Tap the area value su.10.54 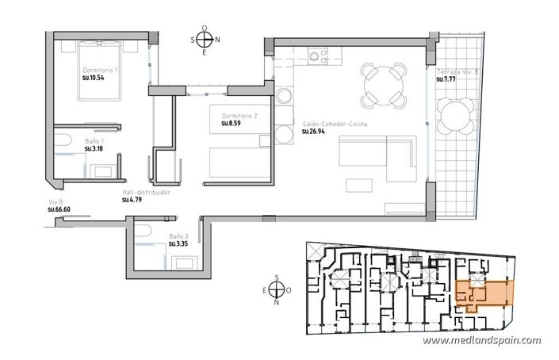(94, 79)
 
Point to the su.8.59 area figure (231, 124)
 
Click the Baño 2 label (178, 236)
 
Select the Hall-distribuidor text (146, 192)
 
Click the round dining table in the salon (382, 83)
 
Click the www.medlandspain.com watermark (481, 341)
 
